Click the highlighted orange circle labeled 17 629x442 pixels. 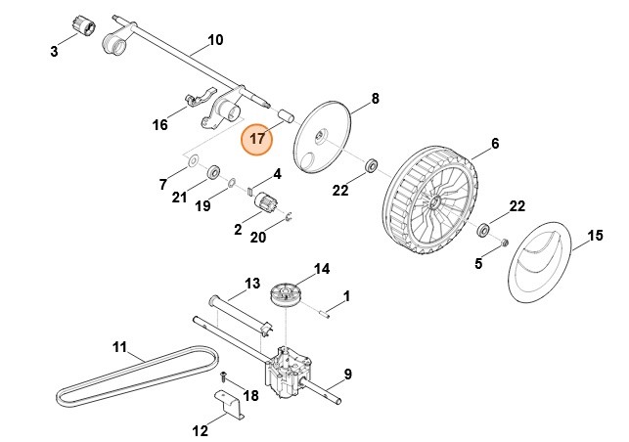[257, 139]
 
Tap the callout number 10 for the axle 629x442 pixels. [215, 40]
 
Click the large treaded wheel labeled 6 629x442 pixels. [435, 206]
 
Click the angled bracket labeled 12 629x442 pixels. [230, 404]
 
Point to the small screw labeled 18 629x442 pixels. [224, 376]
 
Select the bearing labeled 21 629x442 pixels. [210, 175]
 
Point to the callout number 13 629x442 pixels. [251, 284]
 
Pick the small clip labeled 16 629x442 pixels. [192, 102]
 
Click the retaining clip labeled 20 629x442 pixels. [291, 216]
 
